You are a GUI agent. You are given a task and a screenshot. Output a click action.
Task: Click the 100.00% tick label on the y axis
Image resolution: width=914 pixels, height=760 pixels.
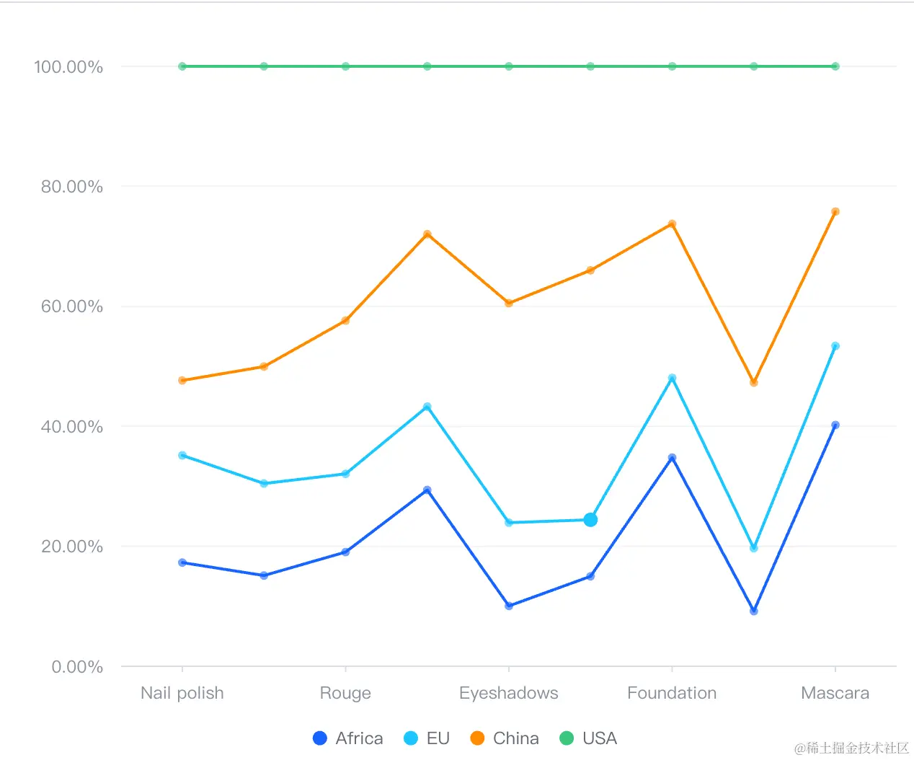(x=68, y=67)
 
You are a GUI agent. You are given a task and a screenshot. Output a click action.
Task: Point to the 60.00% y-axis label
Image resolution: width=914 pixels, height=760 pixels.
(x=71, y=306)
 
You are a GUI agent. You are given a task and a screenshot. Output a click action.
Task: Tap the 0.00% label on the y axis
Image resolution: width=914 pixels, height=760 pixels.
(x=76, y=667)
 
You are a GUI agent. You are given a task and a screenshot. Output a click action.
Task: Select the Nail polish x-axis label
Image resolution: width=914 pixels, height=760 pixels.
(x=182, y=693)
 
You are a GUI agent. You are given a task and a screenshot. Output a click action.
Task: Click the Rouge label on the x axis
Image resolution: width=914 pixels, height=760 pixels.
(x=345, y=693)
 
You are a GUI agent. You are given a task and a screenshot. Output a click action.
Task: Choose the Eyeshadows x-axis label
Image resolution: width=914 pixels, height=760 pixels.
(x=508, y=693)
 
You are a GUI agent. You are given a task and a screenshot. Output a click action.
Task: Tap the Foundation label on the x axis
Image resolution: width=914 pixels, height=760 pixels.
(x=672, y=693)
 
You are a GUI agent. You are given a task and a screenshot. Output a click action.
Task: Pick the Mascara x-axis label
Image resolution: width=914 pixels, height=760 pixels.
(x=835, y=693)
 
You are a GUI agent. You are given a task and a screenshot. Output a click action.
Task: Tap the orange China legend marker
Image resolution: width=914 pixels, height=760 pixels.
(x=477, y=738)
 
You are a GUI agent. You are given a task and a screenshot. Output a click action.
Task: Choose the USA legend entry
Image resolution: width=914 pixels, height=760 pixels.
(x=588, y=738)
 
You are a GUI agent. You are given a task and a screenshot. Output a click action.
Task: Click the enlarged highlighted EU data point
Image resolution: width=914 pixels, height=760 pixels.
(x=590, y=520)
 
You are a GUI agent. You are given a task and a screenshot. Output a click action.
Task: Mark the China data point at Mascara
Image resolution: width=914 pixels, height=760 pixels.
(x=835, y=212)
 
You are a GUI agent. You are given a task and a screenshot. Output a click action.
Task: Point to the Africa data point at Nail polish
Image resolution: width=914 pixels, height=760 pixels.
(x=182, y=562)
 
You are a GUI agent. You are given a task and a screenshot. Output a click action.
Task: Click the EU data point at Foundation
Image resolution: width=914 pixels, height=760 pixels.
(x=672, y=378)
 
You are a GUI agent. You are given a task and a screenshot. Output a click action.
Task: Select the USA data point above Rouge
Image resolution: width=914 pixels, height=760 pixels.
(x=345, y=66)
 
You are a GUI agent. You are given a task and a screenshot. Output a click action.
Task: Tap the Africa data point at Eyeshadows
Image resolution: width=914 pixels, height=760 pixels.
(x=509, y=606)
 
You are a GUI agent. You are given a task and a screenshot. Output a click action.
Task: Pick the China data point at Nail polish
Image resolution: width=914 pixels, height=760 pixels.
(x=182, y=380)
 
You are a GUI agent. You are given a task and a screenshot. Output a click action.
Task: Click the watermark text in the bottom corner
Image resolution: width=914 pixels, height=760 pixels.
(x=851, y=748)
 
